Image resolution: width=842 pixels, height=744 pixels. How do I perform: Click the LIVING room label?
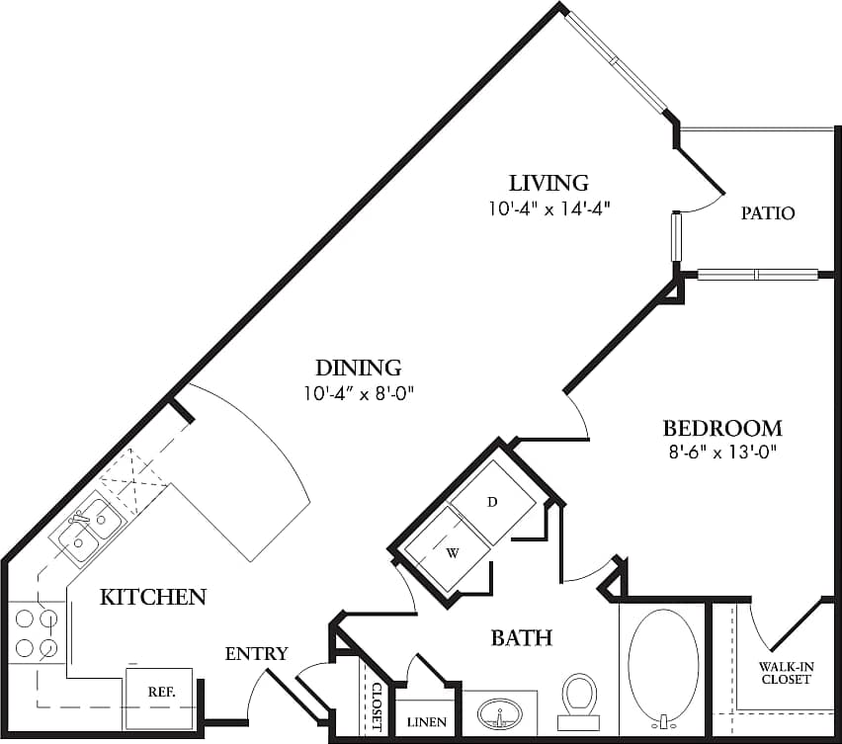[548, 183]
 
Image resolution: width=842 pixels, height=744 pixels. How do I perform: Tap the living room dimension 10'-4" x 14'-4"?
[548, 208]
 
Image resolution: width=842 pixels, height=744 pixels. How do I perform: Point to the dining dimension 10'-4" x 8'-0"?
[359, 393]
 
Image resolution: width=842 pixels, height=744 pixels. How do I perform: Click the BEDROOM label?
[721, 429]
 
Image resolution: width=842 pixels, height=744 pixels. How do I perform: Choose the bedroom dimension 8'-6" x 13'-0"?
[721, 454]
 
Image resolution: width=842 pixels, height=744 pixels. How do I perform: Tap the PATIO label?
[768, 212]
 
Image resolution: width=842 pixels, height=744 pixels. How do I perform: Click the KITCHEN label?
[153, 597]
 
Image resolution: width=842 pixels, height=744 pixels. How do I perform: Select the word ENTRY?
[256, 653]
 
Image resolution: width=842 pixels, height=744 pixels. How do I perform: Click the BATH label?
[521, 638]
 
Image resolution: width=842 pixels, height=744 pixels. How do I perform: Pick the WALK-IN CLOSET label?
[786, 673]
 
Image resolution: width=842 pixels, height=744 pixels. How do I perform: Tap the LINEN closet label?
[426, 722]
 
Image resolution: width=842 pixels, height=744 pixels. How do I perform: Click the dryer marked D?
[493, 502]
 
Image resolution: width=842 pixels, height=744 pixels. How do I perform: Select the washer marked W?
[453, 551]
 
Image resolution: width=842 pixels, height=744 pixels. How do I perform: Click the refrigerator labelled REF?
[160, 692]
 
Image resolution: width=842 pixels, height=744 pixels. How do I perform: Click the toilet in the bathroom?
[578, 698]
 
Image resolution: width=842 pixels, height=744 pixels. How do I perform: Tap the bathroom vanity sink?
[500, 713]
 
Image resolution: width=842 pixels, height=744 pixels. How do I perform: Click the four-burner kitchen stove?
[35, 633]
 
